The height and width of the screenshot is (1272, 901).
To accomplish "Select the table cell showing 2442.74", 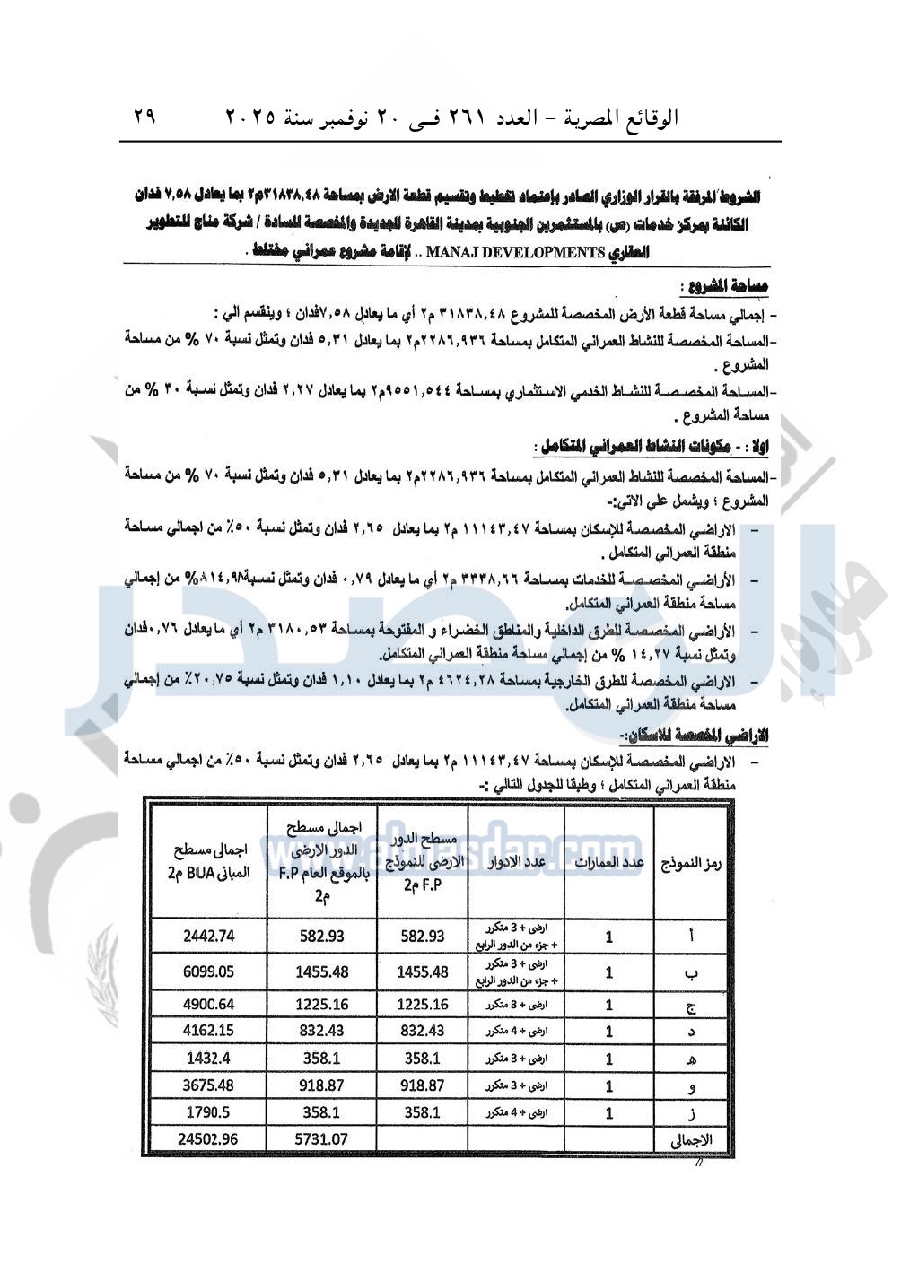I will (208, 936).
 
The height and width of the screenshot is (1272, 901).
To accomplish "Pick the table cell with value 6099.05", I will (208, 971).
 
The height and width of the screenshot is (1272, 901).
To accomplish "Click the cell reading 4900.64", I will (208, 1005).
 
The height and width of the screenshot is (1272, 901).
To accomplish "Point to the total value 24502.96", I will (208, 1138).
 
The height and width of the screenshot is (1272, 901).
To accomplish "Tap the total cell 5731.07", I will (321, 1138).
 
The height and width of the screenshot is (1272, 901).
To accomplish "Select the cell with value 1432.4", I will (208, 1059).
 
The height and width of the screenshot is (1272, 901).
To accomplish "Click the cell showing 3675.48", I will (208, 1085).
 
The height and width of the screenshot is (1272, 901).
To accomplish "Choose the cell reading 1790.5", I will (208, 1112).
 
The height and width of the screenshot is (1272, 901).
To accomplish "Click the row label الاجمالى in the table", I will (690, 1139).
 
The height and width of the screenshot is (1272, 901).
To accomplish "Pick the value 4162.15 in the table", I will (208, 1032).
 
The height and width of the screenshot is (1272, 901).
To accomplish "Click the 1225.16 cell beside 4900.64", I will (321, 1005).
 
